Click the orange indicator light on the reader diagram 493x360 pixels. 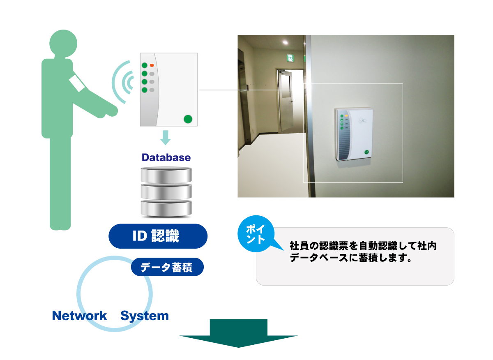click(152, 65)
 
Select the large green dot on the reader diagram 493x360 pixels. click(188, 119)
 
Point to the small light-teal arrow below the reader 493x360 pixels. click(165, 137)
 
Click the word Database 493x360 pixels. click(166, 157)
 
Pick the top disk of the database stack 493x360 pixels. click(166, 175)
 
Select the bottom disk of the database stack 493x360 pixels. click(166, 209)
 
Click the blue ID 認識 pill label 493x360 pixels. click(158, 236)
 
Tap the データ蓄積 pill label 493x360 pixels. click(167, 268)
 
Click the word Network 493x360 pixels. click(79, 316)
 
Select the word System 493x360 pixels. click(145, 316)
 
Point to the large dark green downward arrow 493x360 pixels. click(239, 333)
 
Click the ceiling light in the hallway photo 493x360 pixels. click(285, 42)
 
